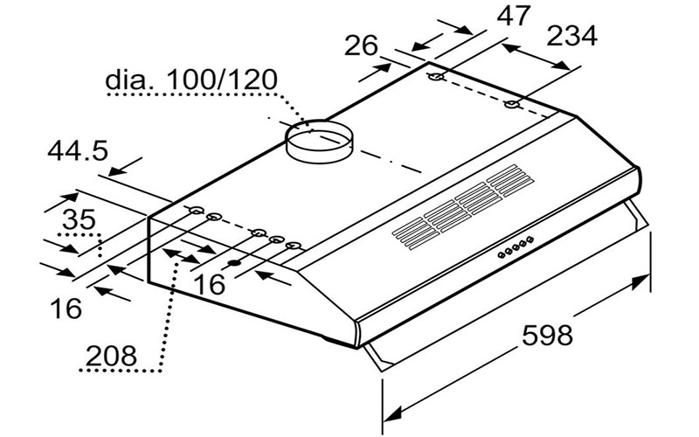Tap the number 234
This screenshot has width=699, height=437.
[x=571, y=36]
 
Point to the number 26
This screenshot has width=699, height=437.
[x=363, y=45]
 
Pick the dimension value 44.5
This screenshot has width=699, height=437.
[x=77, y=150]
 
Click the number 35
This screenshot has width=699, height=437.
[x=80, y=219]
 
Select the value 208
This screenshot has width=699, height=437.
[x=111, y=356]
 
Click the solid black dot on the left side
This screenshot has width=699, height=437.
[x=234, y=263]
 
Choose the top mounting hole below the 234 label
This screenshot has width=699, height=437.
[x=513, y=106]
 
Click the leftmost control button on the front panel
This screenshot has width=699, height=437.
[x=502, y=255]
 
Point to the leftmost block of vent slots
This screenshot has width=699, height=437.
[x=412, y=233]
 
